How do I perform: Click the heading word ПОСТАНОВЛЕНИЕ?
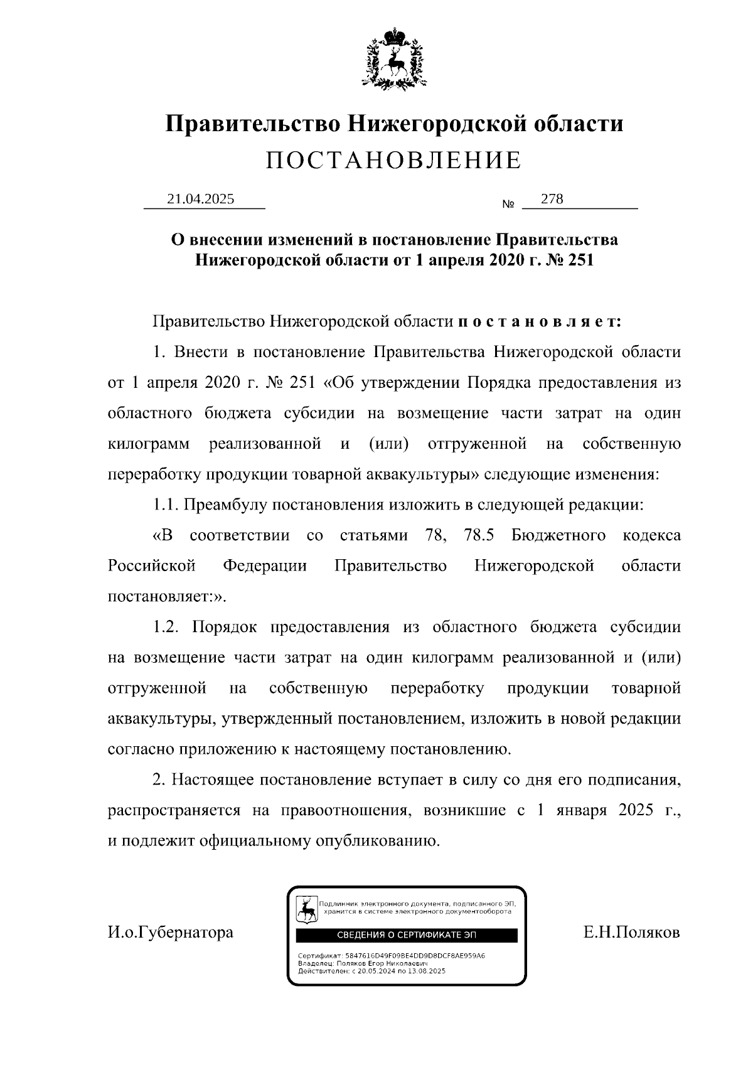point(393,161)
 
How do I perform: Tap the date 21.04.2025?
point(201,199)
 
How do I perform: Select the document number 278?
point(552,199)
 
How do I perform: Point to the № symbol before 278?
point(508,205)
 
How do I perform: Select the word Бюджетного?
point(558,535)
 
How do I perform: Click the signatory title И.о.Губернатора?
point(171,933)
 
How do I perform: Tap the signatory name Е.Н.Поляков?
point(631,933)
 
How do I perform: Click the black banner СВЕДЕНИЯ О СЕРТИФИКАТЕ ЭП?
point(407,935)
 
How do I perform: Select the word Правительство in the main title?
point(253,123)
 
